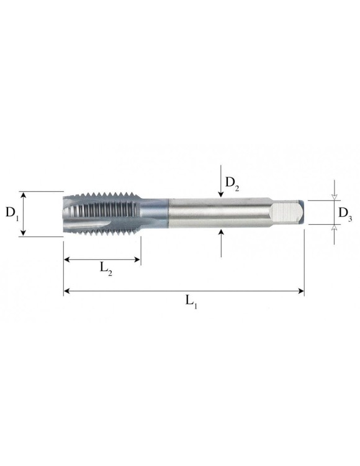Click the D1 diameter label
point(12,213)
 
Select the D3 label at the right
point(346,214)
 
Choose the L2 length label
point(106,268)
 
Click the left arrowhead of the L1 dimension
point(66,290)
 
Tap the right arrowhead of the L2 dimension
point(138,259)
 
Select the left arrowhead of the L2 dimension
point(66,259)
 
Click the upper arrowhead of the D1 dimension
point(24,194)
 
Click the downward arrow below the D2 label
point(221,194)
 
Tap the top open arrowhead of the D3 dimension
point(334,197)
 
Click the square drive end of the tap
point(290,212)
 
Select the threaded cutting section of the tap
point(102,213)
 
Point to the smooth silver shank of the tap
point(217,213)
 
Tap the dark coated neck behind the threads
point(155,213)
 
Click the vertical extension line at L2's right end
point(141,252)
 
